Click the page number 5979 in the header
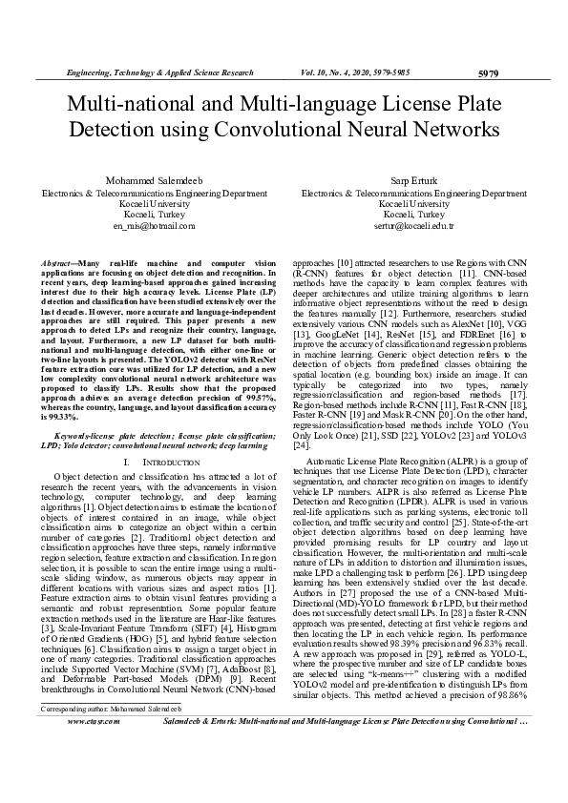point(487,72)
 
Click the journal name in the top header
point(159,72)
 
